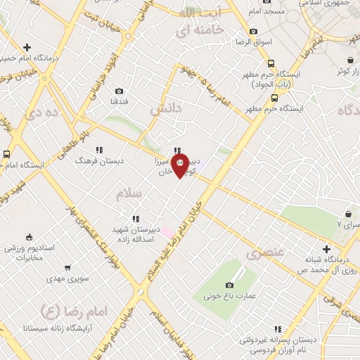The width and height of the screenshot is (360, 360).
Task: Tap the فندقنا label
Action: (119, 103)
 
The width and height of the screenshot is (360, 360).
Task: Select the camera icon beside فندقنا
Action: (120, 91)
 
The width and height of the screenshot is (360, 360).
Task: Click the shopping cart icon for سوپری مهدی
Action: (67, 268)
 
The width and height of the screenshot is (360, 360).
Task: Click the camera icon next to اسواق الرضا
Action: (253, 32)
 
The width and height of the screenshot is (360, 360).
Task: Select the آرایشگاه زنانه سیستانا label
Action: (56, 328)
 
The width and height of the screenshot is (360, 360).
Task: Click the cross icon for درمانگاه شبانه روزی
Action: (326, 249)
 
